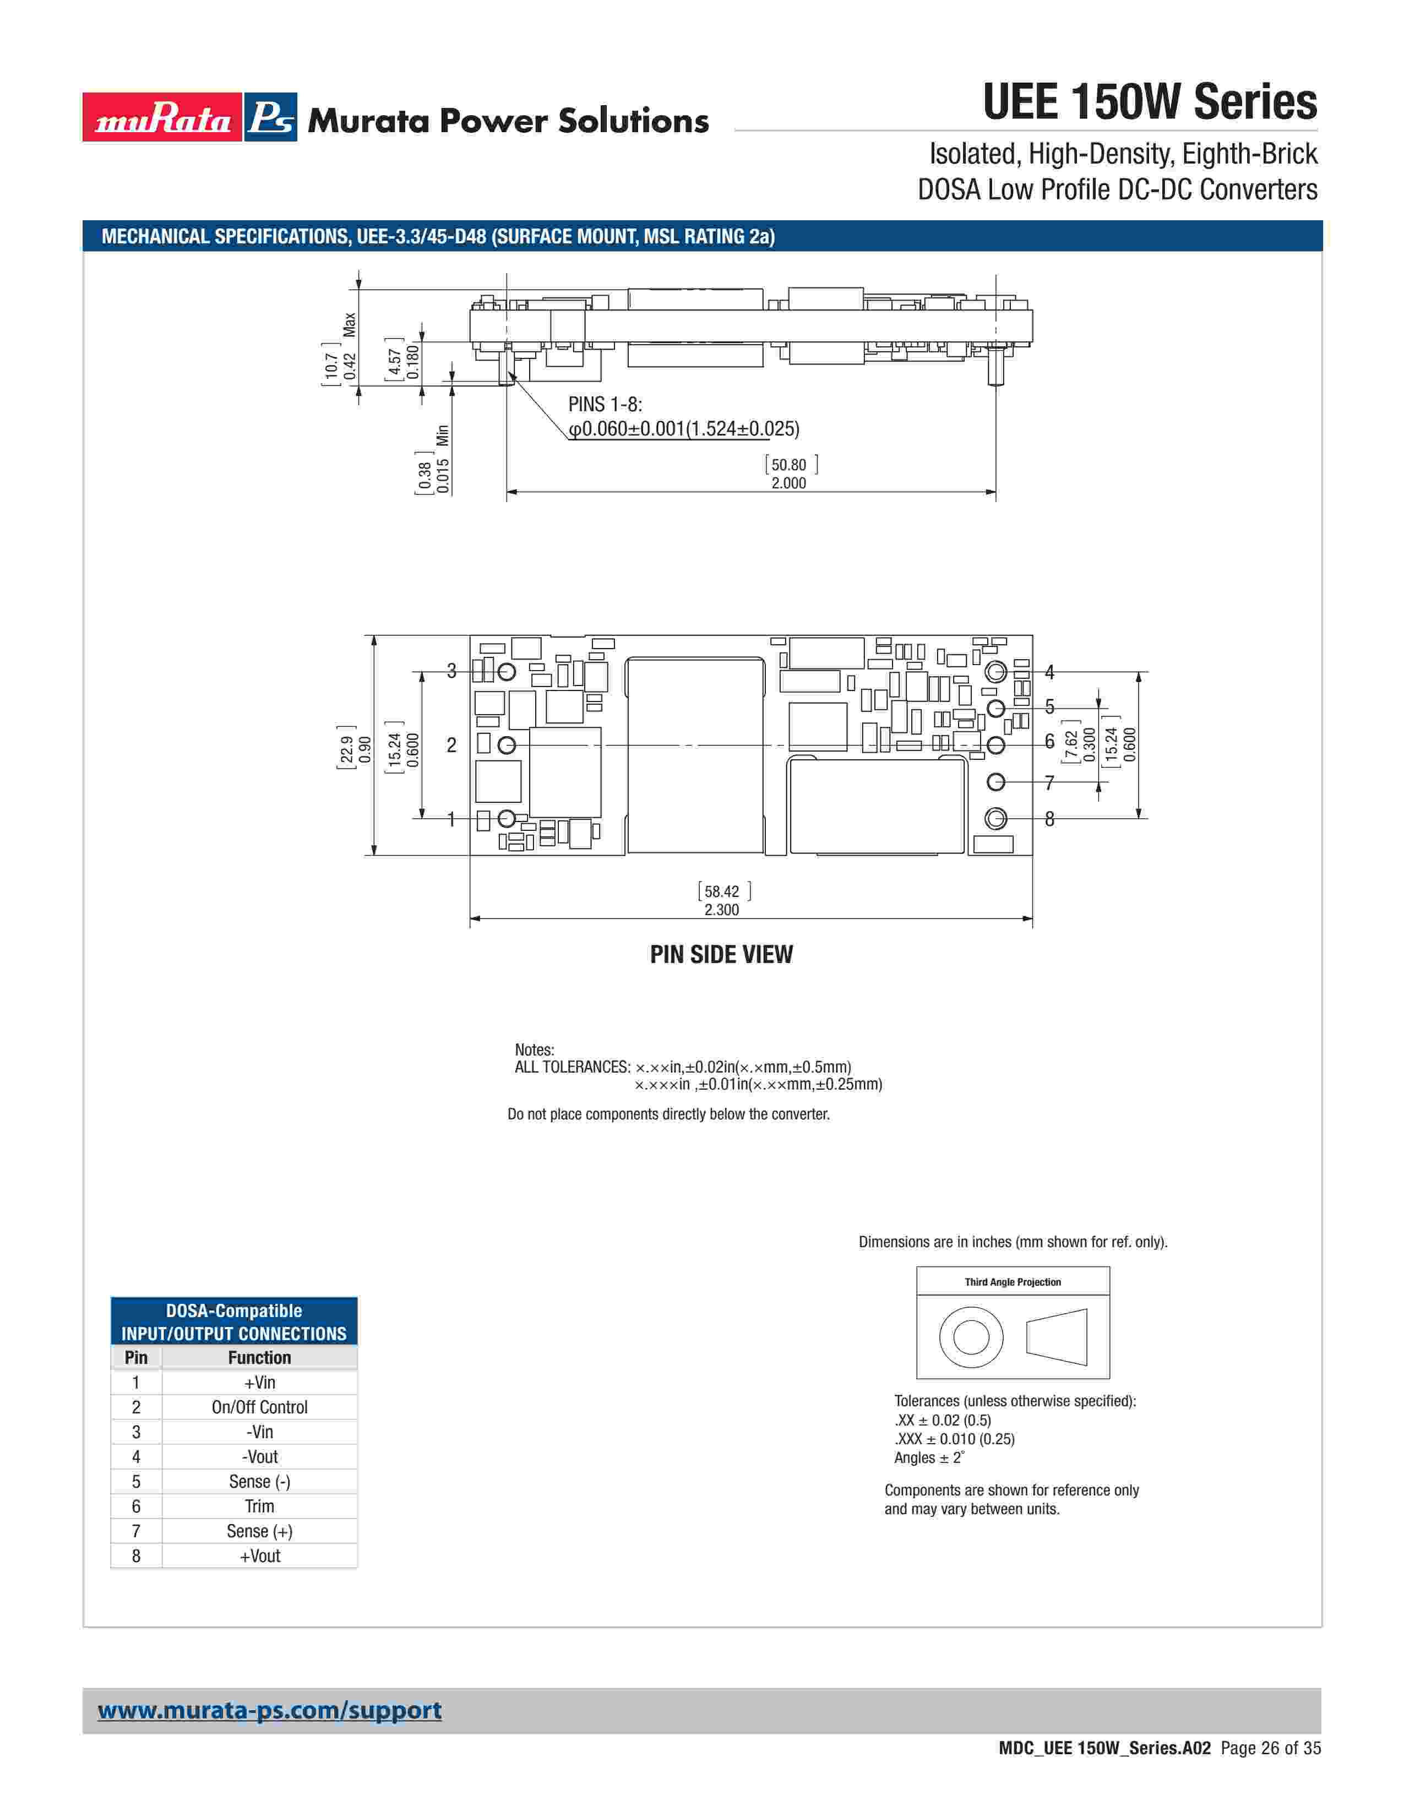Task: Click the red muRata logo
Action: [162, 117]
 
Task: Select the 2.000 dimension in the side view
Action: [788, 483]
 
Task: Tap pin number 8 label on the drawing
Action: [1049, 819]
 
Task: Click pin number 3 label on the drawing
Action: [451, 671]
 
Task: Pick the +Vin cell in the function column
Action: [259, 1382]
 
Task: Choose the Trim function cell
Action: [259, 1506]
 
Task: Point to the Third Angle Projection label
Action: [1012, 1282]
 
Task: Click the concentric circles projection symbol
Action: [971, 1337]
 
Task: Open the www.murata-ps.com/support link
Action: [269, 1711]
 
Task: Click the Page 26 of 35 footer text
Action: [1270, 1748]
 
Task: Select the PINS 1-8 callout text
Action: [605, 404]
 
